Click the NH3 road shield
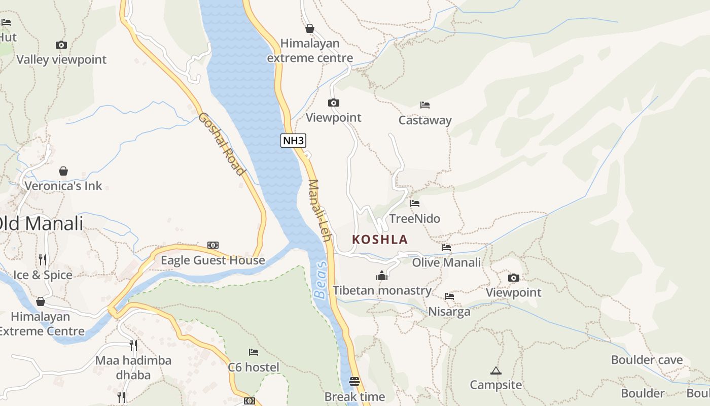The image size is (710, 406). (293, 141)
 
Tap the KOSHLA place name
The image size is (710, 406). (380, 239)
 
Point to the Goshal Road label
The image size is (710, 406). (221, 144)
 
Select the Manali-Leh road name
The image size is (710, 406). (320, 211)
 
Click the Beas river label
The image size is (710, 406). (320, 281)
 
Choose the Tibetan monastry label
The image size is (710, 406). (382, 291)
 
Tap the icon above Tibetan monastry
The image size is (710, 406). (382, 276)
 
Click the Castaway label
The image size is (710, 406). (425, 120)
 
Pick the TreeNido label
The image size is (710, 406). (414, 219)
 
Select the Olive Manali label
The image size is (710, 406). (446, 262)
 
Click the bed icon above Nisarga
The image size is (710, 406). (449, 296)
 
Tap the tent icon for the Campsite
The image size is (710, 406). (495, 370)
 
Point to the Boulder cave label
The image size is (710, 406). (647, 360)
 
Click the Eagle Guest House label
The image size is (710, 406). (213, 260)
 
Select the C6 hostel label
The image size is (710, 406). (254, 367)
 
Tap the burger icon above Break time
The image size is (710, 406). (354, 381)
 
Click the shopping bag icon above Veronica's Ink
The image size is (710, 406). (63, 171)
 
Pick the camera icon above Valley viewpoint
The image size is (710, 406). (61, 45)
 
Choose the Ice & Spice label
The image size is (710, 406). (43, 275)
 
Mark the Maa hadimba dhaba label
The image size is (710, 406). (133, 367)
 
